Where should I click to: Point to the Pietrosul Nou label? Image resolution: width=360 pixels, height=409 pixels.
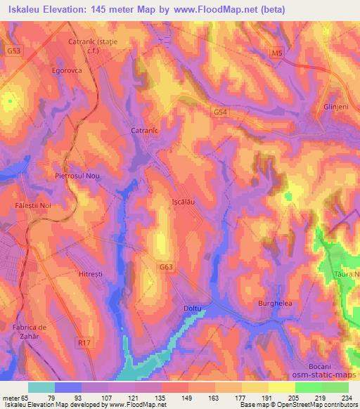[x=79, y=176]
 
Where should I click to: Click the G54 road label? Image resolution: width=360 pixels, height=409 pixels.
[x=220, y=111]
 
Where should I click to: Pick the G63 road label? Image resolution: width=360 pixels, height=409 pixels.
[x=166, y=267]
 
